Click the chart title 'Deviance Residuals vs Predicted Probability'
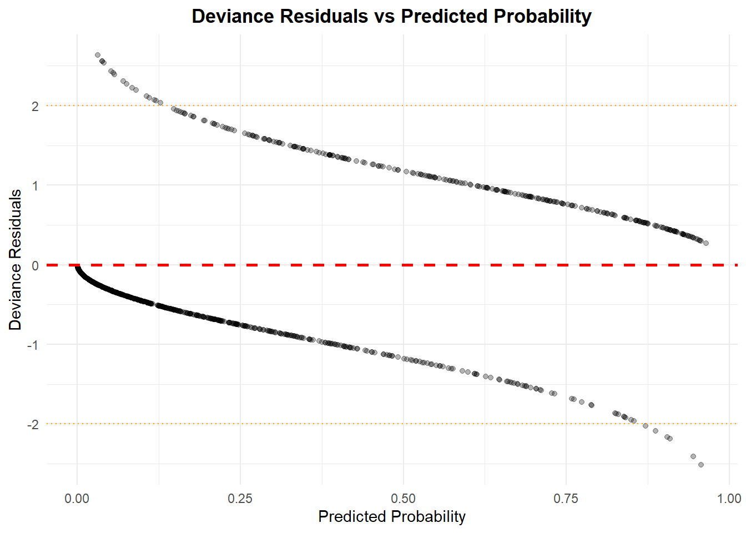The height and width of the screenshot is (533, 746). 391,16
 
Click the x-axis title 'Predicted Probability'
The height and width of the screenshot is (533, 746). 391,516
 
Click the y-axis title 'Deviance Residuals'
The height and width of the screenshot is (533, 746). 15,259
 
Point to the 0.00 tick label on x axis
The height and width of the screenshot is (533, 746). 77,498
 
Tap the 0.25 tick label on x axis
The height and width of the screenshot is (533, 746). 240,498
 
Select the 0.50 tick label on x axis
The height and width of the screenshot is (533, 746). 403,498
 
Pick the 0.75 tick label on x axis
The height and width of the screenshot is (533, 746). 566,498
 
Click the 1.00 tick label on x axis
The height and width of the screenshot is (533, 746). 729,498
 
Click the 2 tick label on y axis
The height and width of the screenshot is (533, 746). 36,106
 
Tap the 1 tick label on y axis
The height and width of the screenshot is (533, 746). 36,185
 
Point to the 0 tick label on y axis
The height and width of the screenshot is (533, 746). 36,265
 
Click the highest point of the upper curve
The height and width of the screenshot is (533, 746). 98,55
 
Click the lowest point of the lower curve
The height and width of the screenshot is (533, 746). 700,465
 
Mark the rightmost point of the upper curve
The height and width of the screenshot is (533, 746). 705,243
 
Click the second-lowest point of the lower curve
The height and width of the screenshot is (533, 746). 693,456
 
